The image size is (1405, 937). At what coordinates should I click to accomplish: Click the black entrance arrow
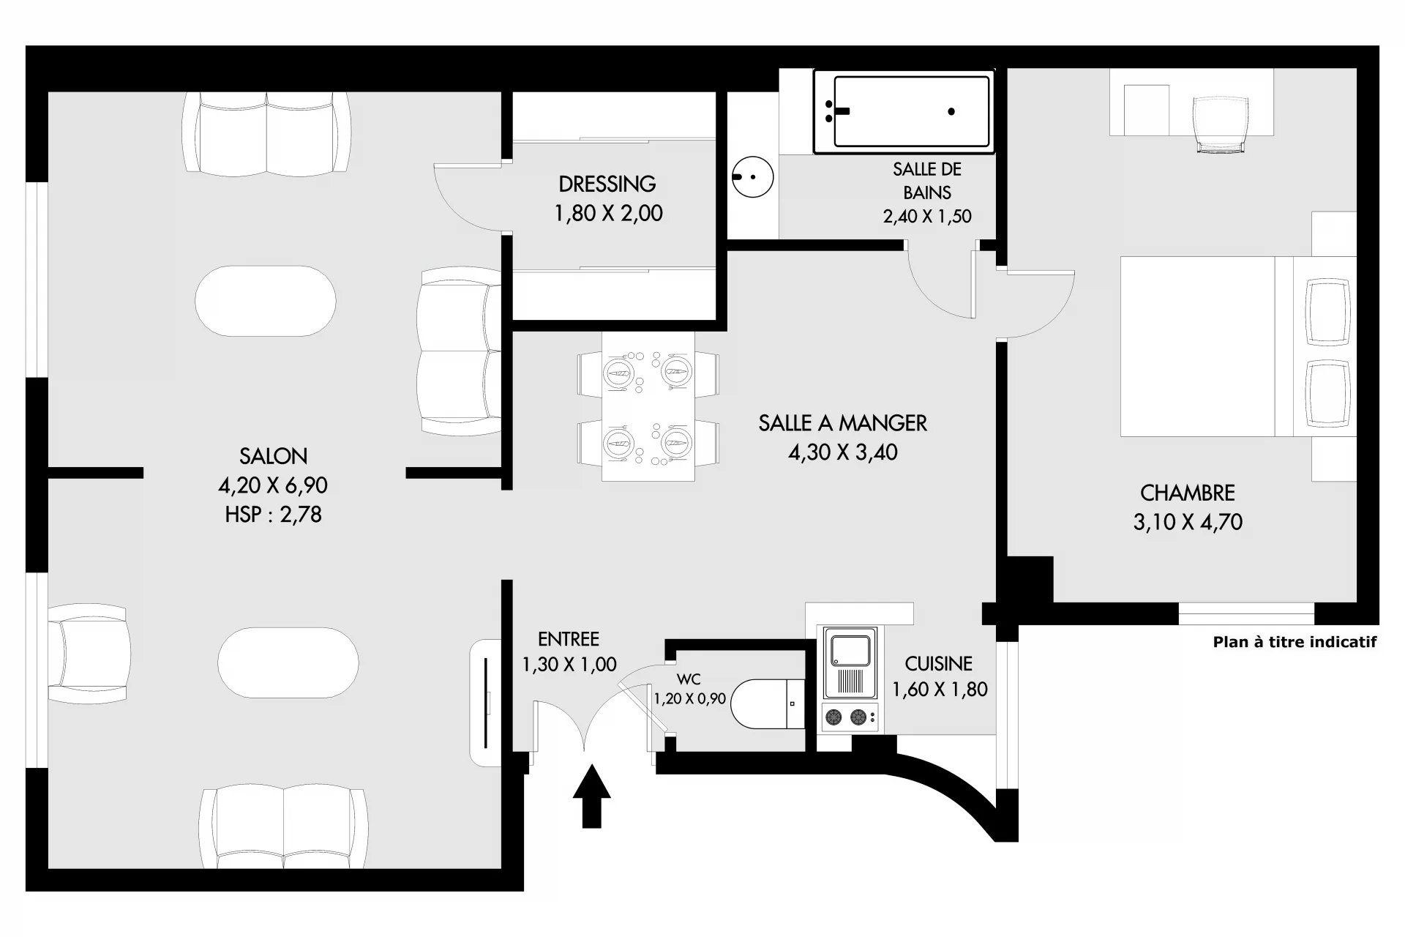(x=591, y=796)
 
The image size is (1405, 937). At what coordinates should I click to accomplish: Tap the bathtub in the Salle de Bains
(x=904, y=111)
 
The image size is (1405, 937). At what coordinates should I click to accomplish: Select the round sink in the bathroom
(x=752, y=176)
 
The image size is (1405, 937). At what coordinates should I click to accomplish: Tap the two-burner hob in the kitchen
(x=850, y=717)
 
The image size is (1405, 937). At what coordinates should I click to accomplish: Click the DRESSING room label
(x=607, y=184)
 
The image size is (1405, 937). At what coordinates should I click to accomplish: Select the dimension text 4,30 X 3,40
(x=842, y=452)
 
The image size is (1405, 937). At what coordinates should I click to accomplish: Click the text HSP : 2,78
(x=273, y=515)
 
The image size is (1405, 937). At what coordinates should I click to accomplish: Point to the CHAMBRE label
(x=1187, y=493)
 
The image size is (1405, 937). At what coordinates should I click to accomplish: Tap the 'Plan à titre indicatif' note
(x=1295, y=642)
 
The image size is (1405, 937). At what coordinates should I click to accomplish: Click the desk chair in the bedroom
(x=1219, y=124)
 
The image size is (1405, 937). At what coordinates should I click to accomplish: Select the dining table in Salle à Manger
(x=648, y=407)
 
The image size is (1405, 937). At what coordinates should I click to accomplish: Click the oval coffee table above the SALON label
(x=266, y=301)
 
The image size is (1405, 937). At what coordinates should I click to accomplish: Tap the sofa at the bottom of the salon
(x=283, y=828)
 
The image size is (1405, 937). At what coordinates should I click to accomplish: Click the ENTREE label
(x=569, y=639)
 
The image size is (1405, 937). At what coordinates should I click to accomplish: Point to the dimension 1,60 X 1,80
(x=940, y=690)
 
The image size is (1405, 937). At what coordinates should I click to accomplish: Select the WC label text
(x=689, y=680)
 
